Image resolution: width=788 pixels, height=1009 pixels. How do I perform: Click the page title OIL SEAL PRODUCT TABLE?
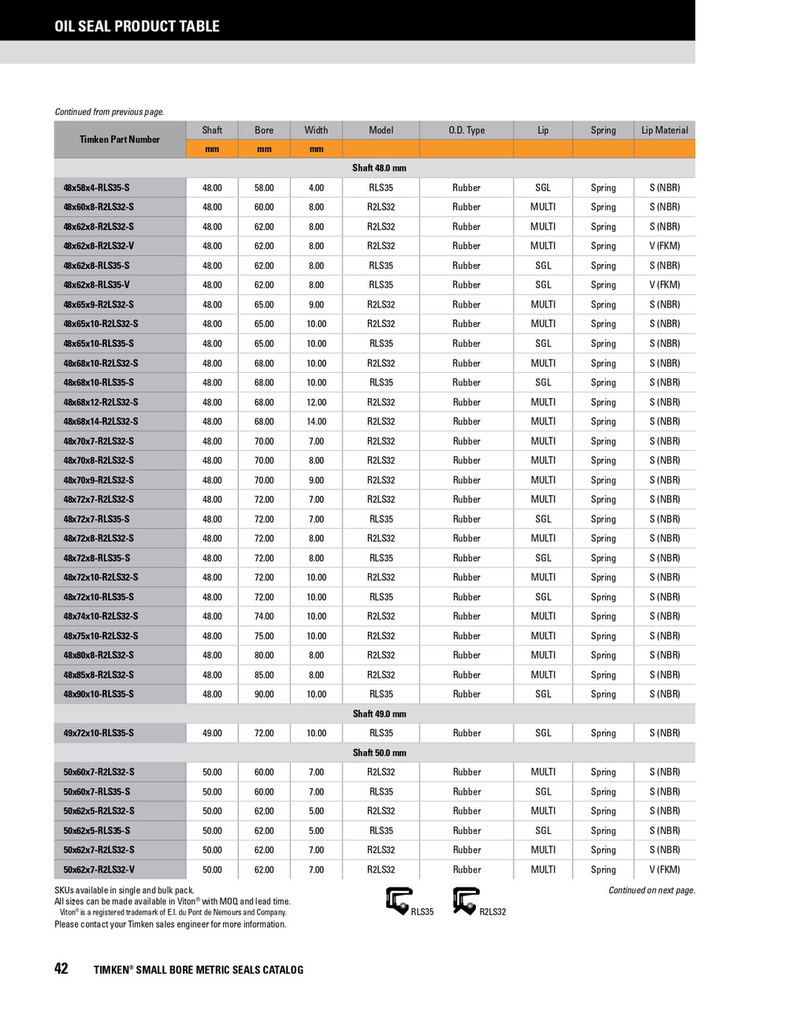137,26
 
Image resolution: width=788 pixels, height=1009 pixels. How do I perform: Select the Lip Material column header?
664,130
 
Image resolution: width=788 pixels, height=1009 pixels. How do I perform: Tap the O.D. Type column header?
466,130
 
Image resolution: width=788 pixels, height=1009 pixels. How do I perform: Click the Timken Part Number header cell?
120,140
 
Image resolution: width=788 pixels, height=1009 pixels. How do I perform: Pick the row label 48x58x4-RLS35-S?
97,188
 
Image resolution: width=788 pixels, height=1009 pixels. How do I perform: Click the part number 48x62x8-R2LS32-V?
98,246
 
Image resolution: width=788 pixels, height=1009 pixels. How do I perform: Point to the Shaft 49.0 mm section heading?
379,713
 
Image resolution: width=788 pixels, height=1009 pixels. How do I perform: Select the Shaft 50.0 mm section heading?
379,753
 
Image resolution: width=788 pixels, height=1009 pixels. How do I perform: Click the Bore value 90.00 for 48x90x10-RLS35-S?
264,694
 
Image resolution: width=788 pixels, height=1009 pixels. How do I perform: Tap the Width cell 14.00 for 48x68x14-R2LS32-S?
316,422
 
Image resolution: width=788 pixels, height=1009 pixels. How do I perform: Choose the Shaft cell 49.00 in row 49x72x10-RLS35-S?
212,733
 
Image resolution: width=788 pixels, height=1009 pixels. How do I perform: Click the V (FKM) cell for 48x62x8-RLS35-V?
664,285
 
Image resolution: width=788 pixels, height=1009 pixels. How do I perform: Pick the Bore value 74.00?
264,616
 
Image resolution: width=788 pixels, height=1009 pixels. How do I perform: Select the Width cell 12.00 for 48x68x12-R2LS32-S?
316,402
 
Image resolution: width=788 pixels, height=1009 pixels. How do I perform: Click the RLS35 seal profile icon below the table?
399,900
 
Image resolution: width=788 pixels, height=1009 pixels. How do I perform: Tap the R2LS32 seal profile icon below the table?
466,900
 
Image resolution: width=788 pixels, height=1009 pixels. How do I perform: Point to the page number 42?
61,969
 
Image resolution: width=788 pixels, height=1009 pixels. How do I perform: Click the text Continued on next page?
652,890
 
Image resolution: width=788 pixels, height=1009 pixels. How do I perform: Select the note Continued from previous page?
110,112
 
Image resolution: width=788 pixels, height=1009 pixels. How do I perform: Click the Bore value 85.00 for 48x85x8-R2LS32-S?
264,675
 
